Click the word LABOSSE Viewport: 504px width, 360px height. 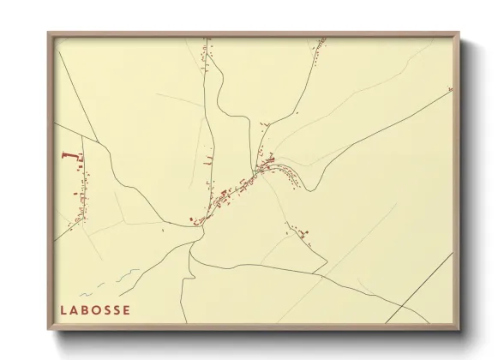[95, 310]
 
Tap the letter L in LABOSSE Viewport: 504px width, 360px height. [63, 310]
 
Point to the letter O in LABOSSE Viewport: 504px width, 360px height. [95, 310]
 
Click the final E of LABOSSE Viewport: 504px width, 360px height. [127, 310]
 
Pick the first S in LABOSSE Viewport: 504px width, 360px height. [106, 310]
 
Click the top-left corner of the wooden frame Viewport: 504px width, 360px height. [48, 33]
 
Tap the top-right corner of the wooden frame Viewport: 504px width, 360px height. [459, 33]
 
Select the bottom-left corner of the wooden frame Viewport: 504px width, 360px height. [48, 331]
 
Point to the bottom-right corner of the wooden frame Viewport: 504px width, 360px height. [459, 331]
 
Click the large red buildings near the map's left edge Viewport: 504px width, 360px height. [67, 156]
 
